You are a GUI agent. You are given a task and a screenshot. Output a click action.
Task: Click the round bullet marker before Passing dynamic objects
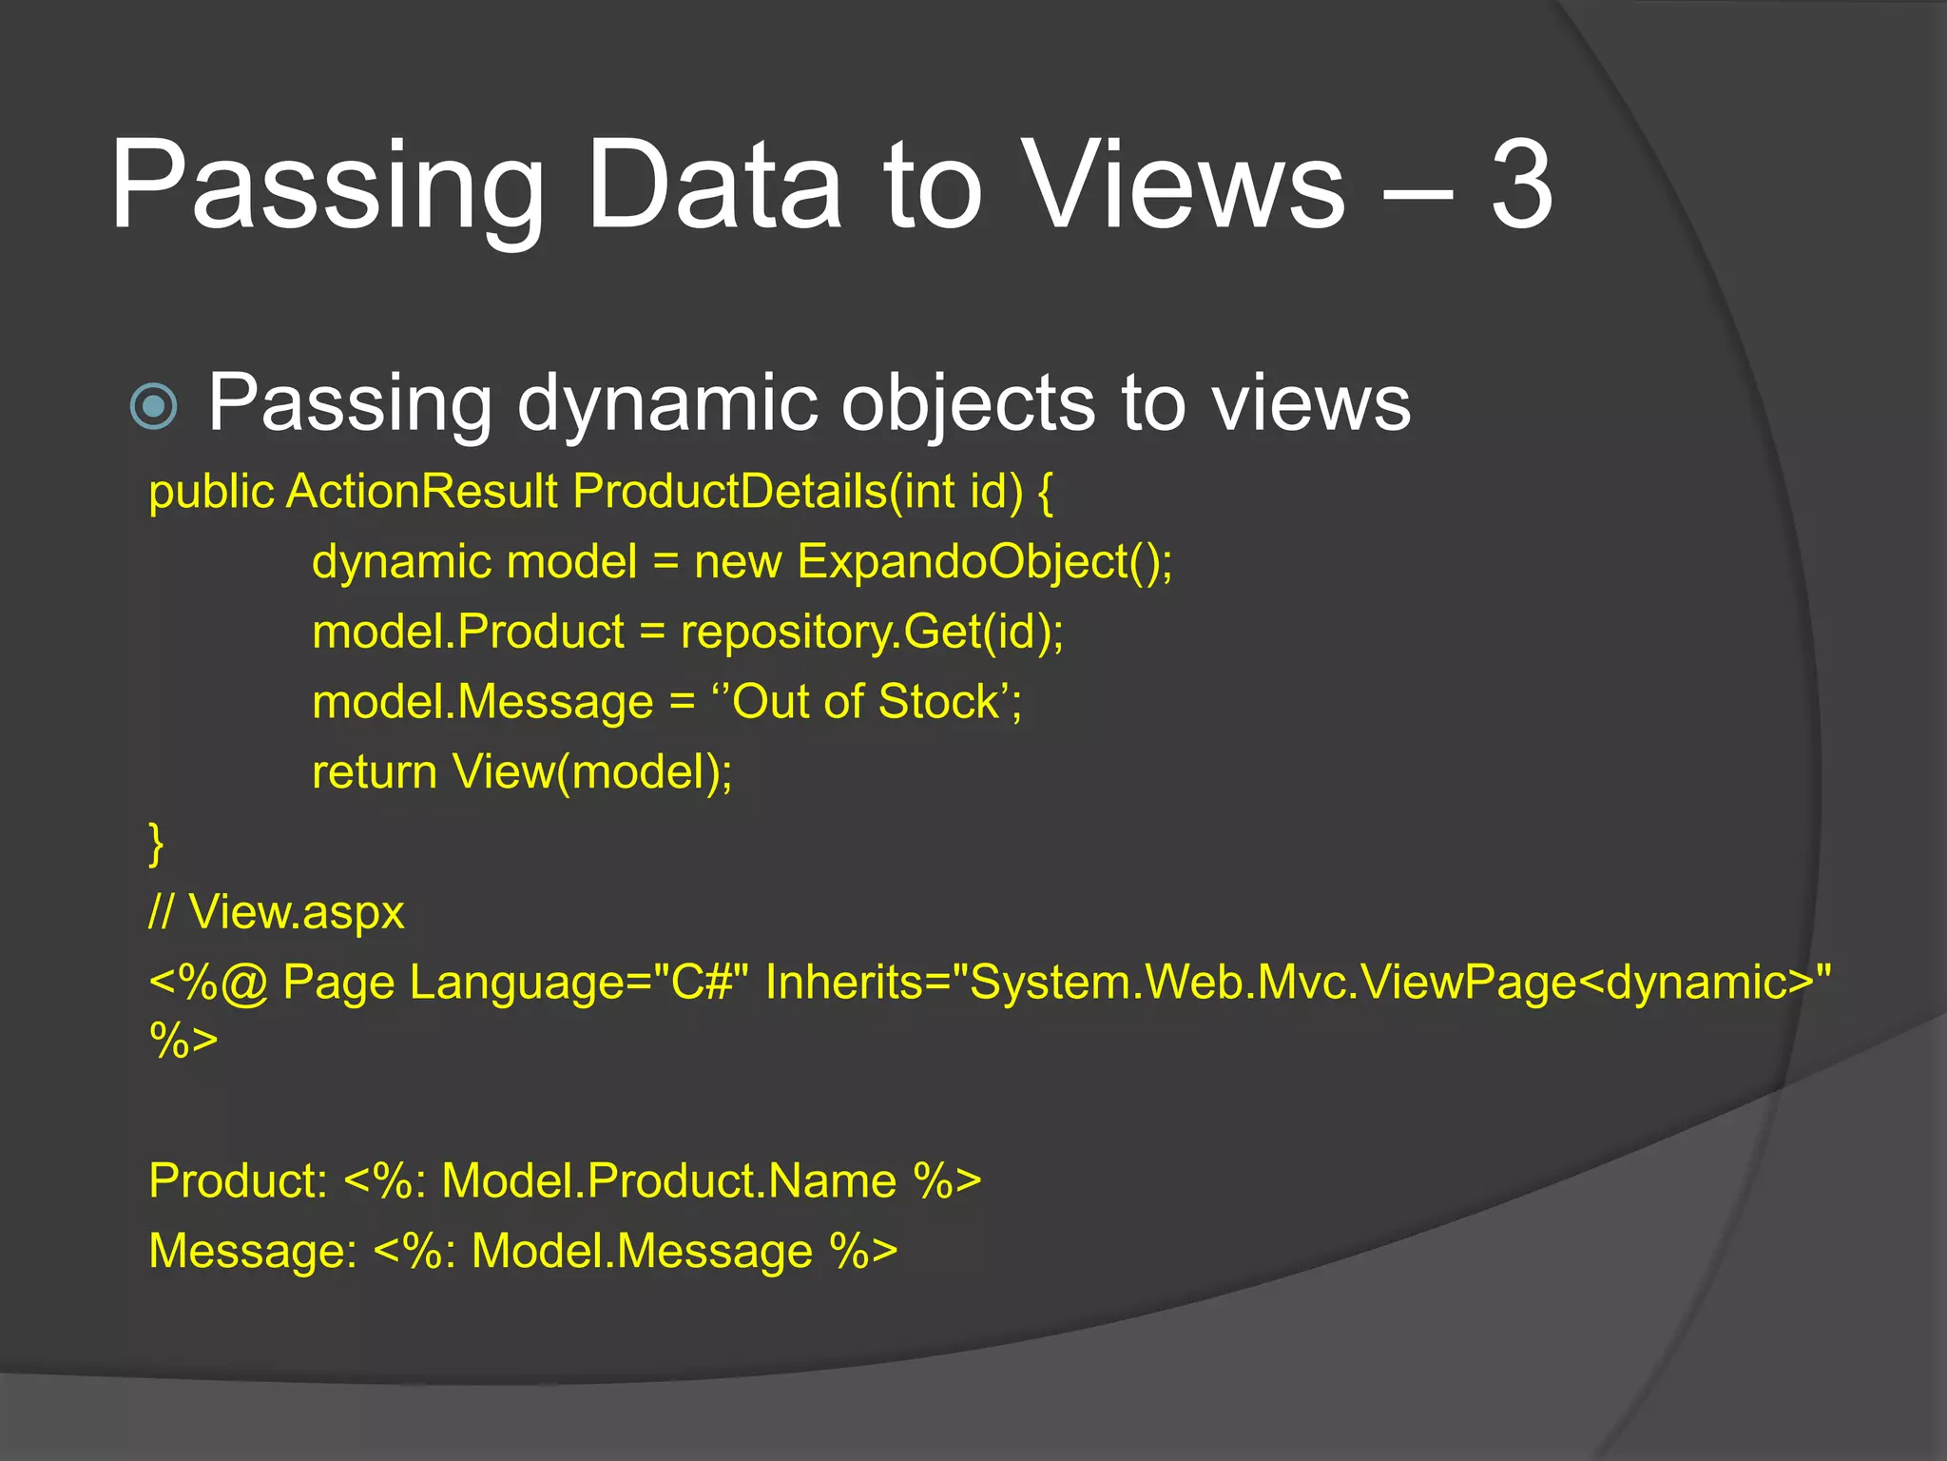[x=153, y=406]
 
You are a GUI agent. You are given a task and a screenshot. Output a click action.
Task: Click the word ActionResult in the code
[x=422, y=492]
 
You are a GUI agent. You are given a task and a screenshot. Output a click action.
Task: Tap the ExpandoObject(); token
[x=985, y=561]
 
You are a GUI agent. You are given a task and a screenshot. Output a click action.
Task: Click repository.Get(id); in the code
[x=873, y=632]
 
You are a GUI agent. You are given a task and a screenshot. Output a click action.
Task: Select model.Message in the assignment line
[x=483, y=702]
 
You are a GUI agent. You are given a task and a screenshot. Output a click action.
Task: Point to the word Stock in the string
[x=937, y=702]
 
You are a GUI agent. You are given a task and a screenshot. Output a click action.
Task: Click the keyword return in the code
[x=375, y=771]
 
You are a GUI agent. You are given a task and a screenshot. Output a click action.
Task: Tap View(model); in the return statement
[x=592, y=771]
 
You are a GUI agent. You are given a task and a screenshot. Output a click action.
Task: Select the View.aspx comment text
[x=296, y=912]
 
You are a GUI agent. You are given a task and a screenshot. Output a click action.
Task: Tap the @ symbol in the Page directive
[x=244, y=984]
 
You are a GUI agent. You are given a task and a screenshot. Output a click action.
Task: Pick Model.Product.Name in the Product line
[x=669, y=1180]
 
